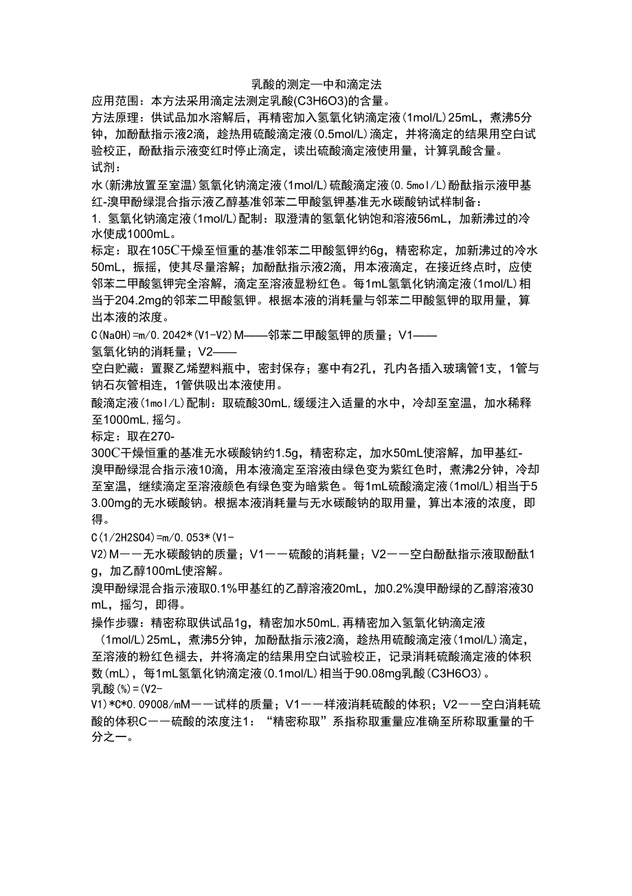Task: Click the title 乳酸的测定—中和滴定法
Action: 315,85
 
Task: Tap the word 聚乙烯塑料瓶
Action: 198,368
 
